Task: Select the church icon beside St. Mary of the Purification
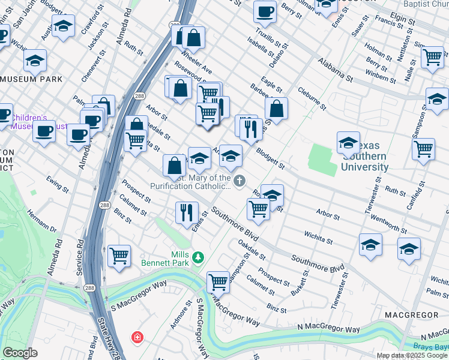(240, 181)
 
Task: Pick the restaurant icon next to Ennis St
(187, 211)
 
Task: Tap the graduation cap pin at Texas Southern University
(348, 143)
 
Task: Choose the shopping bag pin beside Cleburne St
(276, 109)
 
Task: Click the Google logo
(20, 353)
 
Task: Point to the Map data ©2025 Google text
(412, 355)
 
